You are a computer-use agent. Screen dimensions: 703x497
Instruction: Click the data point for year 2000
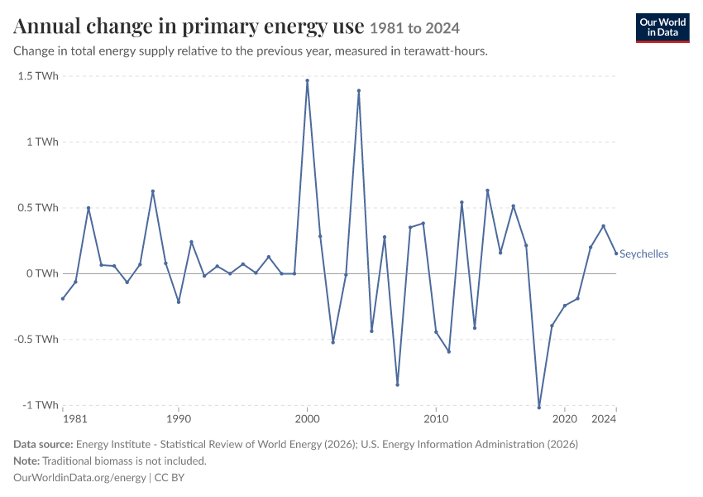(307, 81)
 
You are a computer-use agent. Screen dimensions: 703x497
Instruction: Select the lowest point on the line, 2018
(539, 408)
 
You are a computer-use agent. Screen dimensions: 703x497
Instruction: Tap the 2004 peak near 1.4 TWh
(359, 90)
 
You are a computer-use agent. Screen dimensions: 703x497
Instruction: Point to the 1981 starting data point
(63, 298)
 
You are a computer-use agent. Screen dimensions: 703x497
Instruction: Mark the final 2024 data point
(616, 253)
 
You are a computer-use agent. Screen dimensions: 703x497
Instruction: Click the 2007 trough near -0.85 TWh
(397, 384)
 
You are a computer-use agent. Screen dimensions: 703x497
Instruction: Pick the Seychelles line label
(643, 254)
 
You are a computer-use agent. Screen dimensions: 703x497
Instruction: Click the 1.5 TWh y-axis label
(38, 76)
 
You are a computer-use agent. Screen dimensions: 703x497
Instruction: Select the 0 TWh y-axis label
(42, 273)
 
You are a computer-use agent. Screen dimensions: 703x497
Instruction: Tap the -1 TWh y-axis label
(41, 405)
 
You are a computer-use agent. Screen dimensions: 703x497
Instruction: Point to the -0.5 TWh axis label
(36, 339)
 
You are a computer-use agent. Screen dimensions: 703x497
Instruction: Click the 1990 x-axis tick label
(179, 419)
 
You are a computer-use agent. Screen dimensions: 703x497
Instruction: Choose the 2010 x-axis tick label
(436, 419)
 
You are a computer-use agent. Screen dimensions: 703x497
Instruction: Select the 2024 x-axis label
(604, 419)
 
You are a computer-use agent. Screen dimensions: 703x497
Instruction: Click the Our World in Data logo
(662, 28)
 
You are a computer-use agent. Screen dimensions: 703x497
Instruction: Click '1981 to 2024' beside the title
(414, 28)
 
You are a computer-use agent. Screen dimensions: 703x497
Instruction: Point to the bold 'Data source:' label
(43, 444)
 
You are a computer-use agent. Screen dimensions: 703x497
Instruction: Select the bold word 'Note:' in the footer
(26, 461)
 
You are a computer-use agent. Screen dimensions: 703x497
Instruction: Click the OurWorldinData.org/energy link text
(79, 477)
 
